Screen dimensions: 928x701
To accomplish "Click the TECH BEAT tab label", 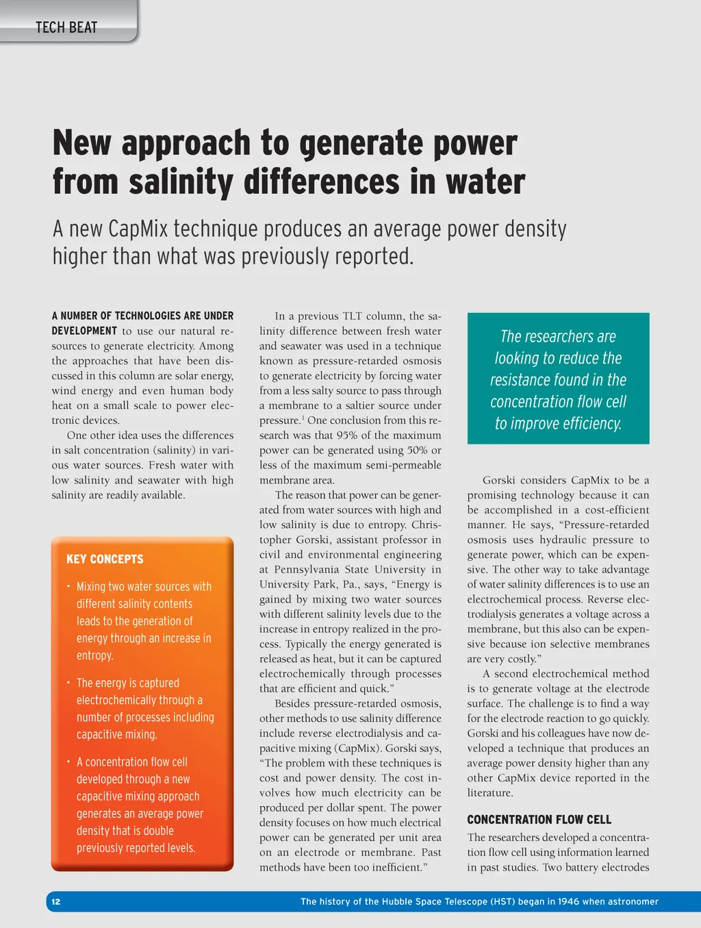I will click(66, 28).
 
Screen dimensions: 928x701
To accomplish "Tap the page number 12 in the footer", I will click(56, 902).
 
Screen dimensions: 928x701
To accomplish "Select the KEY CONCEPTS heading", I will click(105, 559).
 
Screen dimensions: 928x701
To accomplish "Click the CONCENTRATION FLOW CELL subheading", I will click(539, 820).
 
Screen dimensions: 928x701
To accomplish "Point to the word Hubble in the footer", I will click(400, 902).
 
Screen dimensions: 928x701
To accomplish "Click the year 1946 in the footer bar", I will click(568, 902).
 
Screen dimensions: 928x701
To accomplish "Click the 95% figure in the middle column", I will click(348, 436).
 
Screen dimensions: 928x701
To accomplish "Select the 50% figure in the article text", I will click(418, 451).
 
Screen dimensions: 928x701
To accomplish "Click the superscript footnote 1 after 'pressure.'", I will click(303, 418).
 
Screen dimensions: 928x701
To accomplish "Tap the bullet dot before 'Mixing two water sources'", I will click(68, 586).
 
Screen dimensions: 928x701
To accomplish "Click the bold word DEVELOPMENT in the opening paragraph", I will click(85, 331).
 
